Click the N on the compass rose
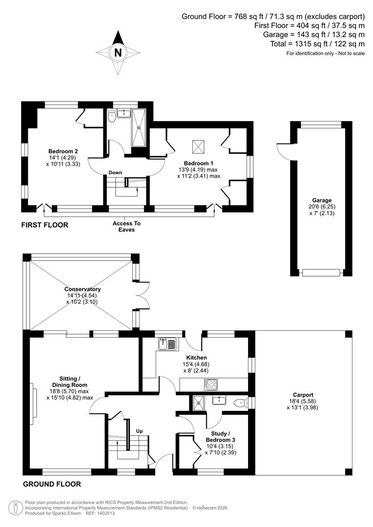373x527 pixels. [x=117, y=53]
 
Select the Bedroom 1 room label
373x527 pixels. [x=199, y=163]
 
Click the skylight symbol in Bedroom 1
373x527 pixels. [x=199, y=145]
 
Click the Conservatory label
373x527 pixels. [x=82, y=289]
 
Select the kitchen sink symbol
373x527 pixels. [x=166, y=345]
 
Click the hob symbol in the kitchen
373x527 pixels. [x=211, y=385]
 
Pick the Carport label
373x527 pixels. [x=303, y=395]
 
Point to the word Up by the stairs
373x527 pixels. [x=140, y=431]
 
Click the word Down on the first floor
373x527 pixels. [x=115, y=173]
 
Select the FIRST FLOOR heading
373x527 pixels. [x=44, y=225]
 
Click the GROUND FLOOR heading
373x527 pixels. [x=51, y=485]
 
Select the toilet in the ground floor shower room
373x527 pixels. [x=239, y=402]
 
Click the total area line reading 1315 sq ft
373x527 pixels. [x=317, y=43]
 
